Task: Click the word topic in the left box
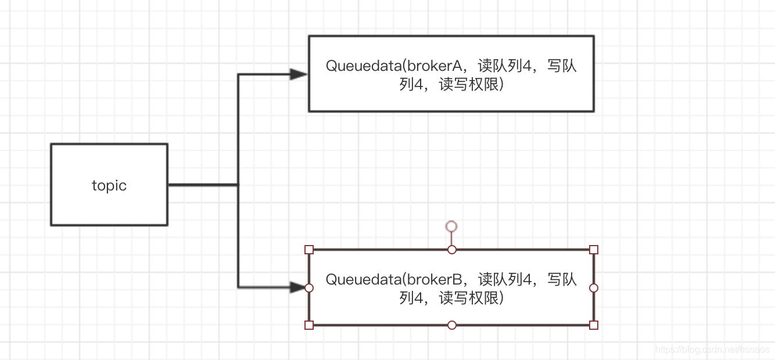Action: click(x=109, y=185)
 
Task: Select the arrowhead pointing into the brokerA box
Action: click(x=299, y=74)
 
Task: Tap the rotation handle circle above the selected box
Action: click(x=451, y=226)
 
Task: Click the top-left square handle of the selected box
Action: click(x=309, y=250)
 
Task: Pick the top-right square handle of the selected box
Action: click(x=594, y=250)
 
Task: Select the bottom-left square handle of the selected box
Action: click(x=309, y=325)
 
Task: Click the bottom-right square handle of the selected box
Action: click(x=594, y=325)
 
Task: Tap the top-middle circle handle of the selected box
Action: click(x=452, y=250)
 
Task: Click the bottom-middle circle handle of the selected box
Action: click(x=452, y=325)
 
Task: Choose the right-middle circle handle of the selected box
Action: click(x=594, y=288)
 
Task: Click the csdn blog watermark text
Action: click(x=712, y=350)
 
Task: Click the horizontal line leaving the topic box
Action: click(x=202, y=185)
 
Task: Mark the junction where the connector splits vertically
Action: click(x=238, y=185)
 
